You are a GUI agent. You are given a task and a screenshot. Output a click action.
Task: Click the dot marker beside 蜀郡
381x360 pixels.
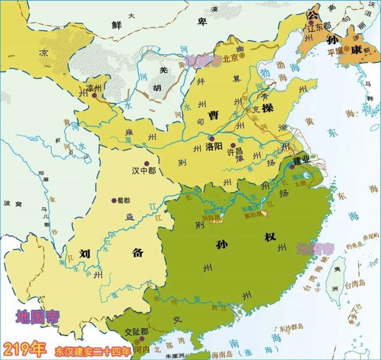(113, 200)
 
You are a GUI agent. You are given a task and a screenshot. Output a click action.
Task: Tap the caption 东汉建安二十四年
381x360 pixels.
(92, 349)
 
